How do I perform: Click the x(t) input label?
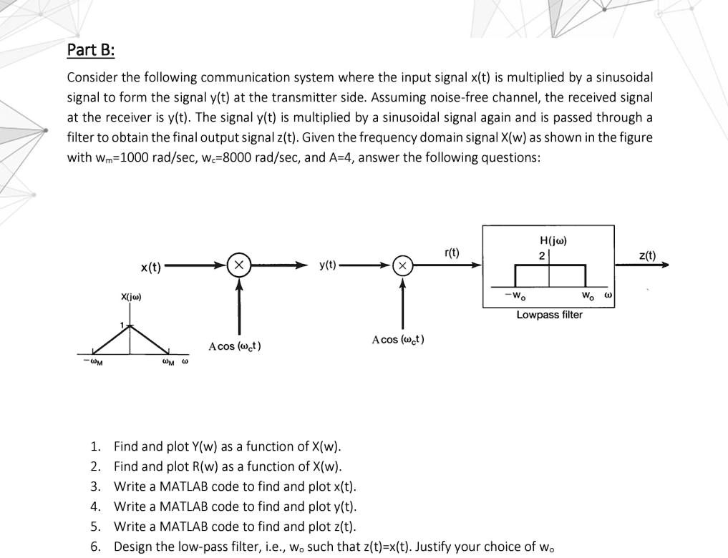click(x=150, y=268)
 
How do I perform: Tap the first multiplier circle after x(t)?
click(x=238, y=265)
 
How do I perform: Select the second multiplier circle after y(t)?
click(x=403, y=265)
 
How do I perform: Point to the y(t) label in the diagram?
click(x=329, y=265)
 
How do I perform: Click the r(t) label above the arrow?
click(x=452, y=252)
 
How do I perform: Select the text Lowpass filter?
click(x=550, y=315)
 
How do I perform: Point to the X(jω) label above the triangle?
click(x=131, y=296)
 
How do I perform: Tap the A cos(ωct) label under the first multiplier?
click(x=235, y=346)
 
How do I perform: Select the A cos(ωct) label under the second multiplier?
click(x=398, y=339)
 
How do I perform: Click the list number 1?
click(x=95, y=447)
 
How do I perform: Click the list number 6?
click(x=95, y=547)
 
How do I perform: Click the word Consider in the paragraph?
click(x=92, y=77)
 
